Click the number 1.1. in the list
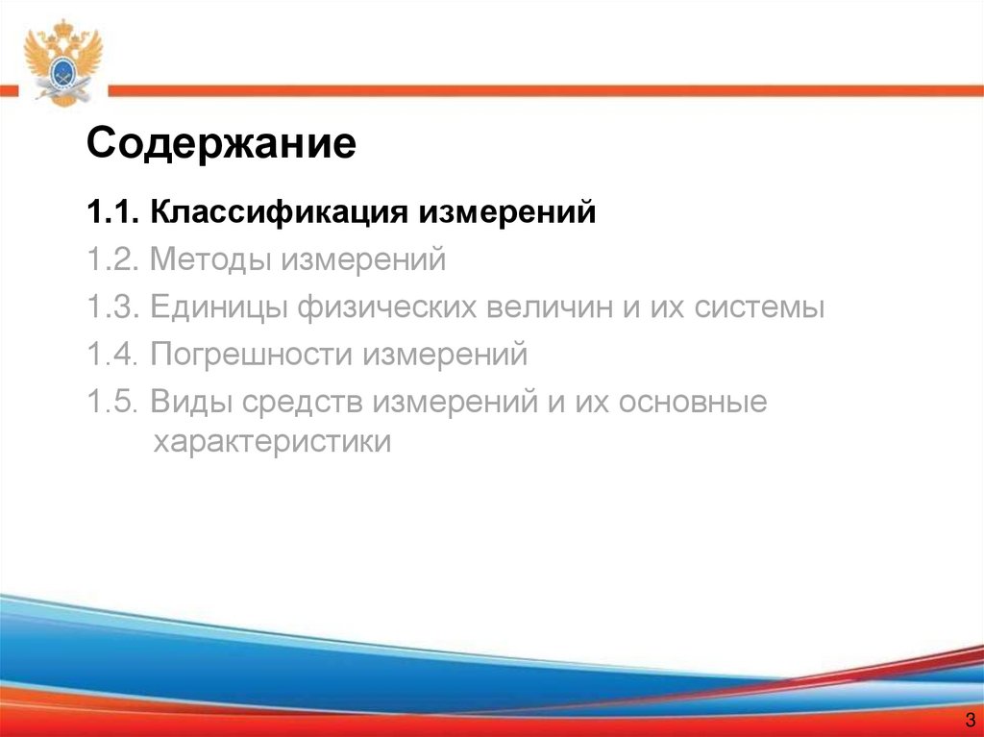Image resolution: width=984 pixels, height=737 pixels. point(112,211)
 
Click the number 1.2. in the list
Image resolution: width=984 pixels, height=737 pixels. point(112,259)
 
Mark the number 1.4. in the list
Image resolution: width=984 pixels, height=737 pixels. point(112,356)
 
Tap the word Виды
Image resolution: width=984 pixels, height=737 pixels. point(188,403)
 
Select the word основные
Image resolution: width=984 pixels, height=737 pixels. point(694,403)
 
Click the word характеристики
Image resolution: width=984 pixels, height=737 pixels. point(272,443)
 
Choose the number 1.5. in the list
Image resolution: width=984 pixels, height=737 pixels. point(112,403)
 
